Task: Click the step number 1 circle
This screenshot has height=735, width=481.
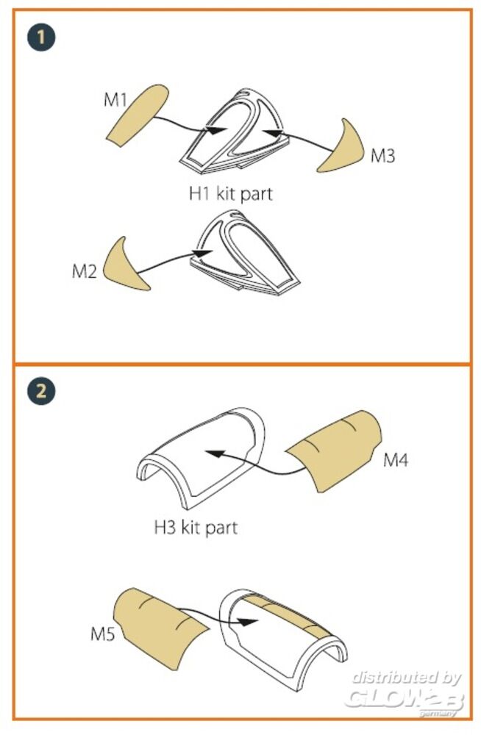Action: click(x=41, y=37)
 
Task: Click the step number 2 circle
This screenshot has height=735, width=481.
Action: click(x=41, y=391)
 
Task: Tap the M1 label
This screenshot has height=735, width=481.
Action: click(x=115, y=99)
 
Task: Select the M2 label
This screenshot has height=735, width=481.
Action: click(x=85, y=271)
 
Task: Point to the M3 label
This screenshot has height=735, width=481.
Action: click(x=383, y=156)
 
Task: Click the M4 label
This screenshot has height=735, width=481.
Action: click(x=396, y=460)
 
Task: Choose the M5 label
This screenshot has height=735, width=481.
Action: click(x=103, y=635)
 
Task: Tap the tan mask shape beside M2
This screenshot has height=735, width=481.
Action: click(x=124, y=266)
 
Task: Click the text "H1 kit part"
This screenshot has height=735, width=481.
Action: click(x=230, y=193)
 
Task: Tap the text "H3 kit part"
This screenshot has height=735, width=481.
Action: click(x=196, y=528)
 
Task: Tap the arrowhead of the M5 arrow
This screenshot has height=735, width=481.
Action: click(x=247, y=622)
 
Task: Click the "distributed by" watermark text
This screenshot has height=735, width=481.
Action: click(x=407, y=678)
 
